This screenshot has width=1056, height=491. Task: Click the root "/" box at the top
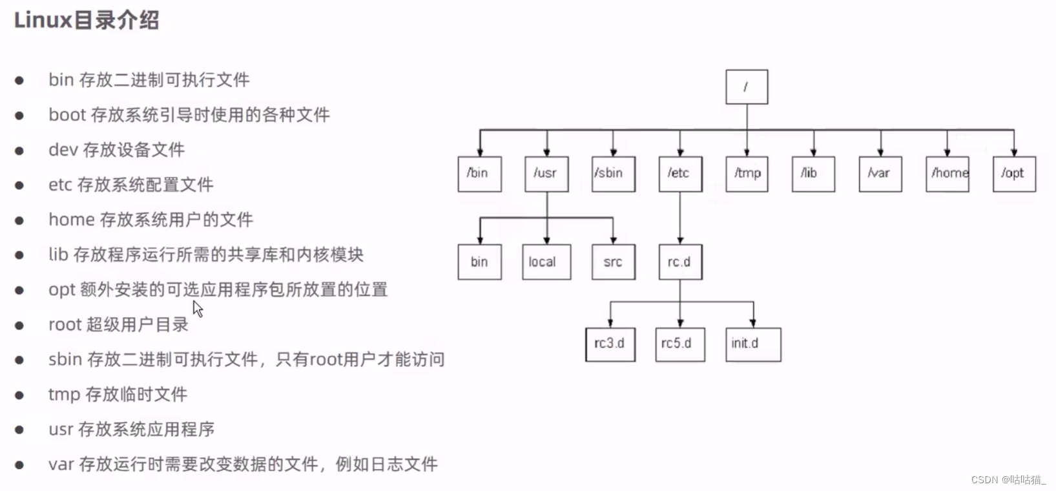click(747, 87)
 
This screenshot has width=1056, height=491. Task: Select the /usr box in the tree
click(546, 174)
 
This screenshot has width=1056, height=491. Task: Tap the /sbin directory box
click(613, 174)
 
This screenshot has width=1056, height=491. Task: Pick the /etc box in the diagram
click(680, 174)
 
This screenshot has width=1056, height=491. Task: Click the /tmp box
click(747, 174)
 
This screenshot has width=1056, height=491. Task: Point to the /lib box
click(813, 174)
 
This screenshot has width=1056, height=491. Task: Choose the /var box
click(880, 174)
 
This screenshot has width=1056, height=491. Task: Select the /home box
click(947, 174)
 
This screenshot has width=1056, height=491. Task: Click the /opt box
click(1014, 174)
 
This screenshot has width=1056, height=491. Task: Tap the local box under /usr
click(546, 262)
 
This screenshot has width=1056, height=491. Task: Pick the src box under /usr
click(613, 262)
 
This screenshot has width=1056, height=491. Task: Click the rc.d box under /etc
click(680, 262)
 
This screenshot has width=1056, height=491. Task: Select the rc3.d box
click(610, 344)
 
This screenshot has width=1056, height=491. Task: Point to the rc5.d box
click(679, 344)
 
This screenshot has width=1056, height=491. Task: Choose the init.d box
click(752, 344)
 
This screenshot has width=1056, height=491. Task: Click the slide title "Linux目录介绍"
click(87, 20)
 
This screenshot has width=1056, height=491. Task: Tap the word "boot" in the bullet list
click(67, 115)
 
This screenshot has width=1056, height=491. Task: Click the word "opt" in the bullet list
click(62, 290)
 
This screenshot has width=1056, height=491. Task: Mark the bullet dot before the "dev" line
click(19, 151)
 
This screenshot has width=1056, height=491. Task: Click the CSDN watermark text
click(1008, 479)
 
